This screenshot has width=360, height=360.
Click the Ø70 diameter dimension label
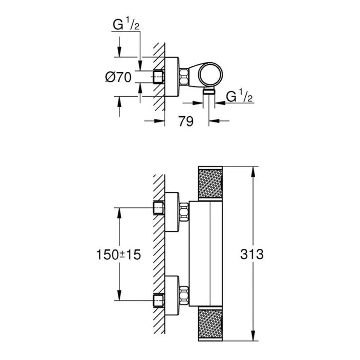(118, 77)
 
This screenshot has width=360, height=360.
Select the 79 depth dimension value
(186, 121)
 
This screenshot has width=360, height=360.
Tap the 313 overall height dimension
(252, 254)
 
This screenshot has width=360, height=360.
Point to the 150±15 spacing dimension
(118, 255)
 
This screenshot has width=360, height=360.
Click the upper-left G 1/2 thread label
(126, 24)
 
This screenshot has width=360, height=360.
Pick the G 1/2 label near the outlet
(240, 96)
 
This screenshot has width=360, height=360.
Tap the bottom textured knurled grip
(210, 323)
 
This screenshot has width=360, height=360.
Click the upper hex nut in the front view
(184, 212)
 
